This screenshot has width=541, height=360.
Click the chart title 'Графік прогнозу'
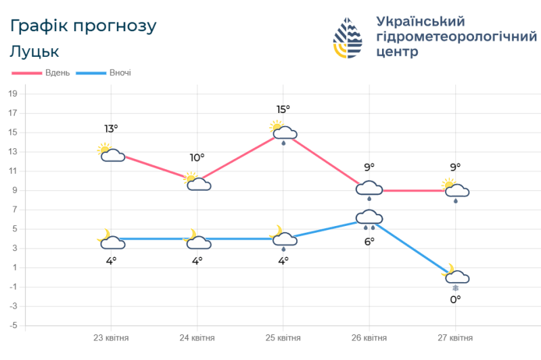(x=83, y=26)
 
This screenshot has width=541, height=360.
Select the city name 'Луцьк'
(x=34, y=51)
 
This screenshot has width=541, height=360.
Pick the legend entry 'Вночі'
(x=120, y=72)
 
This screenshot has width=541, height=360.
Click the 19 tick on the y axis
(x=12, y=93)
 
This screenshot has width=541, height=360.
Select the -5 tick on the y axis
(x=12, y=326)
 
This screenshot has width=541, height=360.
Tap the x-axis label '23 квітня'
(x=111, y=338)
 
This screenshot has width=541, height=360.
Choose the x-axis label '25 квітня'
(x=283, y=338)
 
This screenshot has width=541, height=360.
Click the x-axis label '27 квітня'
(x=455, y=338)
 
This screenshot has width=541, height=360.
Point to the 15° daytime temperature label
(x=283, y=109)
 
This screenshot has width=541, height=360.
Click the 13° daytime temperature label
(x=111, y=129)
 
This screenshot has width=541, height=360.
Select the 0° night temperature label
(x=456, y=298)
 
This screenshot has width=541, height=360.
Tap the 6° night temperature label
(x=370, y=242)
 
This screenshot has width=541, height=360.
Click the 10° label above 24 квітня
(x=197, y=158)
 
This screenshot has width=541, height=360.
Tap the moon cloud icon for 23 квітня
(x=111, y=240)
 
